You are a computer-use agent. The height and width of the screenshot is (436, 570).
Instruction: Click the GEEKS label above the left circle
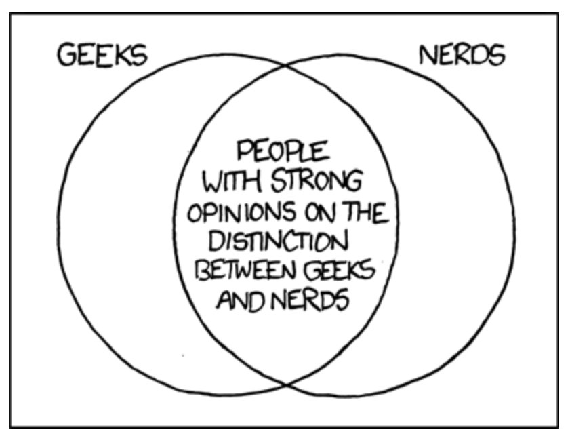(102, 55)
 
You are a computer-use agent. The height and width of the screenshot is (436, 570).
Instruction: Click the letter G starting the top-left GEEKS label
(65, 56)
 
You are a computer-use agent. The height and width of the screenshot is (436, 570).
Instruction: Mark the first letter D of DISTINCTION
(218, 242)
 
